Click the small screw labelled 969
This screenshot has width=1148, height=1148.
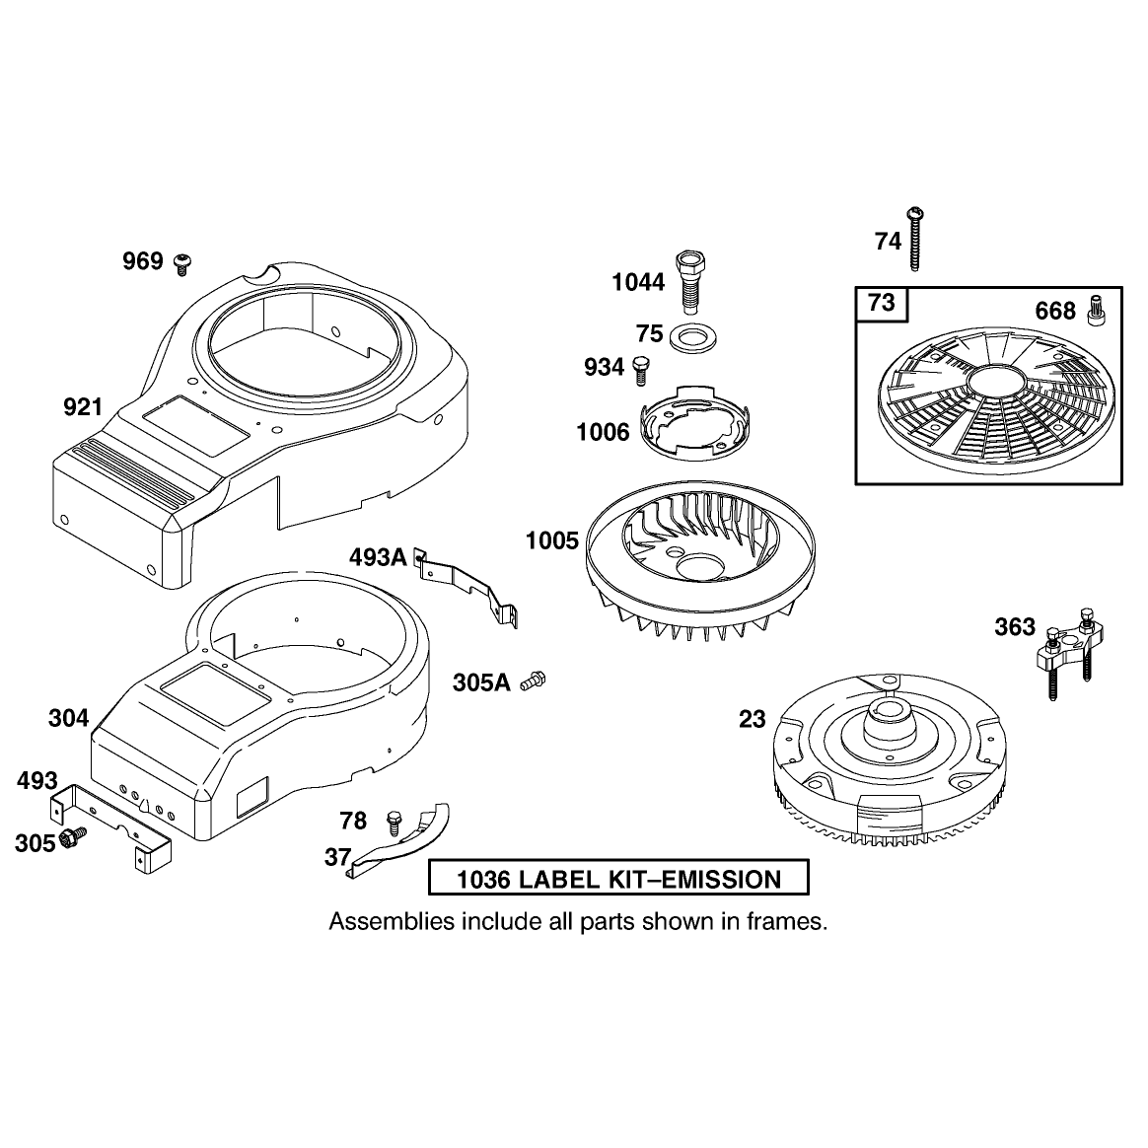tap(182, 263)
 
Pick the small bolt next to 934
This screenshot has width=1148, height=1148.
tap(641, 370)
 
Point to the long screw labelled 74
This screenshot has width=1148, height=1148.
tap(914, 239)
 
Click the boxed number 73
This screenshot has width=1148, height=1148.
tap(882, 303)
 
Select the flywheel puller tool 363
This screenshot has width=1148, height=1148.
tap(1068, 650)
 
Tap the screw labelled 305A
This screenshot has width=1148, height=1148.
tap(533, 681)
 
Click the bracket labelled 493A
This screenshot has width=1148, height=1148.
tap(466, 585)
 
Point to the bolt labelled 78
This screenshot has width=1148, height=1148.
tap(394, 823)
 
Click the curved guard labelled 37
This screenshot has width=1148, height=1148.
tap(402, 842)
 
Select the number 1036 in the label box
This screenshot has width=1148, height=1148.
tap(483, 880)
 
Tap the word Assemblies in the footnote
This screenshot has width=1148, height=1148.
tap(392, 922)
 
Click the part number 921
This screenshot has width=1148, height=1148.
tap(83, 407)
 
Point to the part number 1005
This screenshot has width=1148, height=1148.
tap(552, 541)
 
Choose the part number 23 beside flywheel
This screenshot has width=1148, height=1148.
tap(752, 719)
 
